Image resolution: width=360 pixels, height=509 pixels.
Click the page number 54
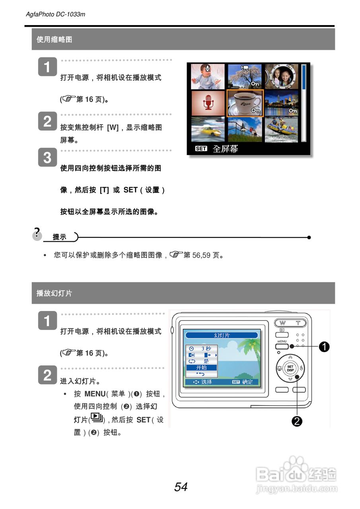181,487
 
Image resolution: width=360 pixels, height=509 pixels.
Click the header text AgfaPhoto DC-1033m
55,14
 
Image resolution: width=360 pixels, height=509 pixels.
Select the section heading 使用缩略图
54,39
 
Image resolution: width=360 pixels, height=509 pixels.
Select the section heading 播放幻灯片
54,293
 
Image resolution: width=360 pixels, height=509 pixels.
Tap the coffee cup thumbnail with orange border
245,103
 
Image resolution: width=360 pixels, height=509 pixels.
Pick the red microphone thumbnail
208,103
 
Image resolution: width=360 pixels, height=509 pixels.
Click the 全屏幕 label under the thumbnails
225,149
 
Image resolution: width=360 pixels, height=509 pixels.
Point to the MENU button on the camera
282,347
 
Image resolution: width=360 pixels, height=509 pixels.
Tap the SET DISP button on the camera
290,368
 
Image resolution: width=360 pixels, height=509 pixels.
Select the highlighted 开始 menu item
202,368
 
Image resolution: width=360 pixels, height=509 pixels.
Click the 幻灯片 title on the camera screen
222,335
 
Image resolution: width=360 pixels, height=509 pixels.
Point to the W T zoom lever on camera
290,323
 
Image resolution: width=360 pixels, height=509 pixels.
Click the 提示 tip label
60,237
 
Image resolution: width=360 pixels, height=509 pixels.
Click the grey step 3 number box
47,158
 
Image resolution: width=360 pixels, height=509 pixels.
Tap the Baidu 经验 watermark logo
297,475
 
